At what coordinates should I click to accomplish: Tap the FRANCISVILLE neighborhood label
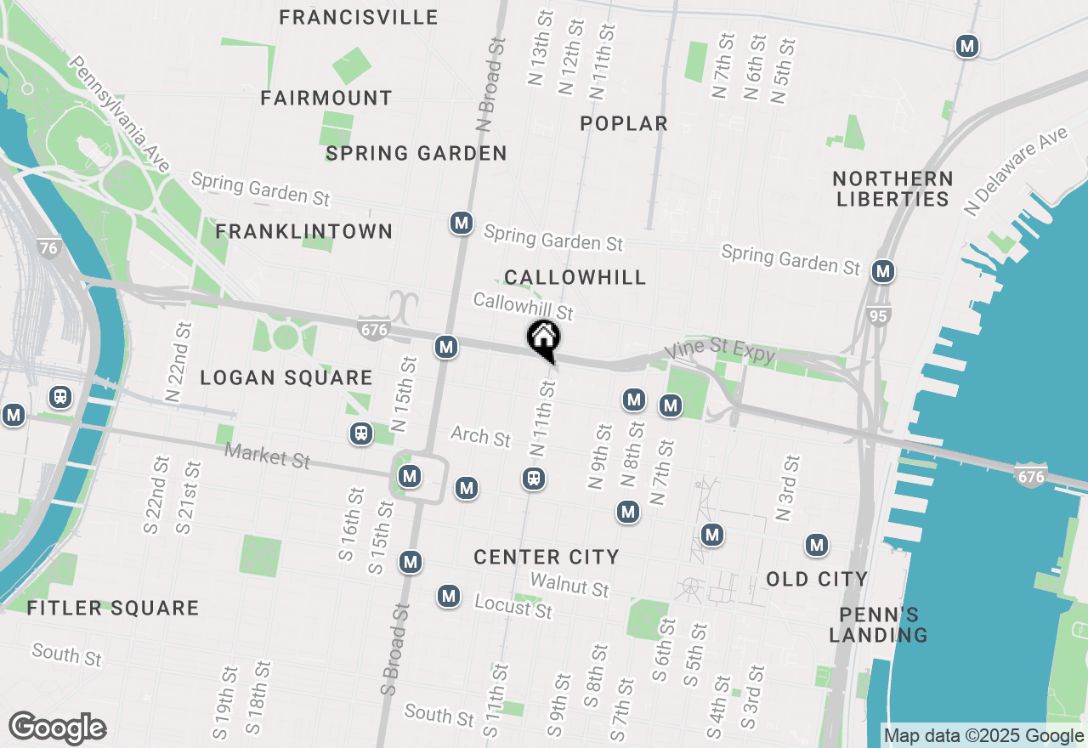pyautogui.click(x=359, y=17)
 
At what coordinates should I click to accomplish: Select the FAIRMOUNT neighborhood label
pyautogui.click(x=326, y=99)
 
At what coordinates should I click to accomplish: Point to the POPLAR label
pyautogui.click(x=624, y=124)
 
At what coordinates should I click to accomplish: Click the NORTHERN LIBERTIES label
pyautogui.click(x=892, y=189)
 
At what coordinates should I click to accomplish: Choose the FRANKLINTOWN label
pyautogui.click(x=303, y=231)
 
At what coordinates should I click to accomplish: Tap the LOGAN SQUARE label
pyautogui.click(x=286, y=378)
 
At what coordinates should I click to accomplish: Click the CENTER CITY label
pyautogui.click(x=546, y=557)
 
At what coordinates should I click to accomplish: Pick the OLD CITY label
pyautogui.click(x=817, y=580)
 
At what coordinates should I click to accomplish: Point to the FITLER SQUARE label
pyautogui.click(x=113, y=609)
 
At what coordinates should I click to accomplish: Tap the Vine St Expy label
pyautogui.click(x=719, y=351)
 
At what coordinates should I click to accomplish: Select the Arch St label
pyautogui.click(x=480, y=437)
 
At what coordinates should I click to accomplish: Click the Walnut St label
pyautogui.click(x=569, y=585)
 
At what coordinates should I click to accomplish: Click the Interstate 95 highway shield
pyautogui.click(x=880, y=317)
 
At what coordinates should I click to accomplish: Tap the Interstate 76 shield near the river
pyautogui.click(x=48, y=248)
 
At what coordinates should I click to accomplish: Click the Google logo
pyautogui.click(x=57, y=728)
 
